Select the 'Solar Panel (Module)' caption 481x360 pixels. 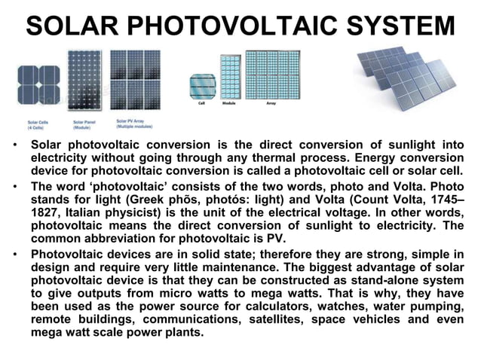point(84,124)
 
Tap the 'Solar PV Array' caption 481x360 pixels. point(133,123)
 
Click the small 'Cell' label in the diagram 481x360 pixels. point(201,103)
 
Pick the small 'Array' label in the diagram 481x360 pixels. point(271,103)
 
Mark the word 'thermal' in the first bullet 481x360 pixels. point(300,157)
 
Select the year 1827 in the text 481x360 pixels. point(45,212)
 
